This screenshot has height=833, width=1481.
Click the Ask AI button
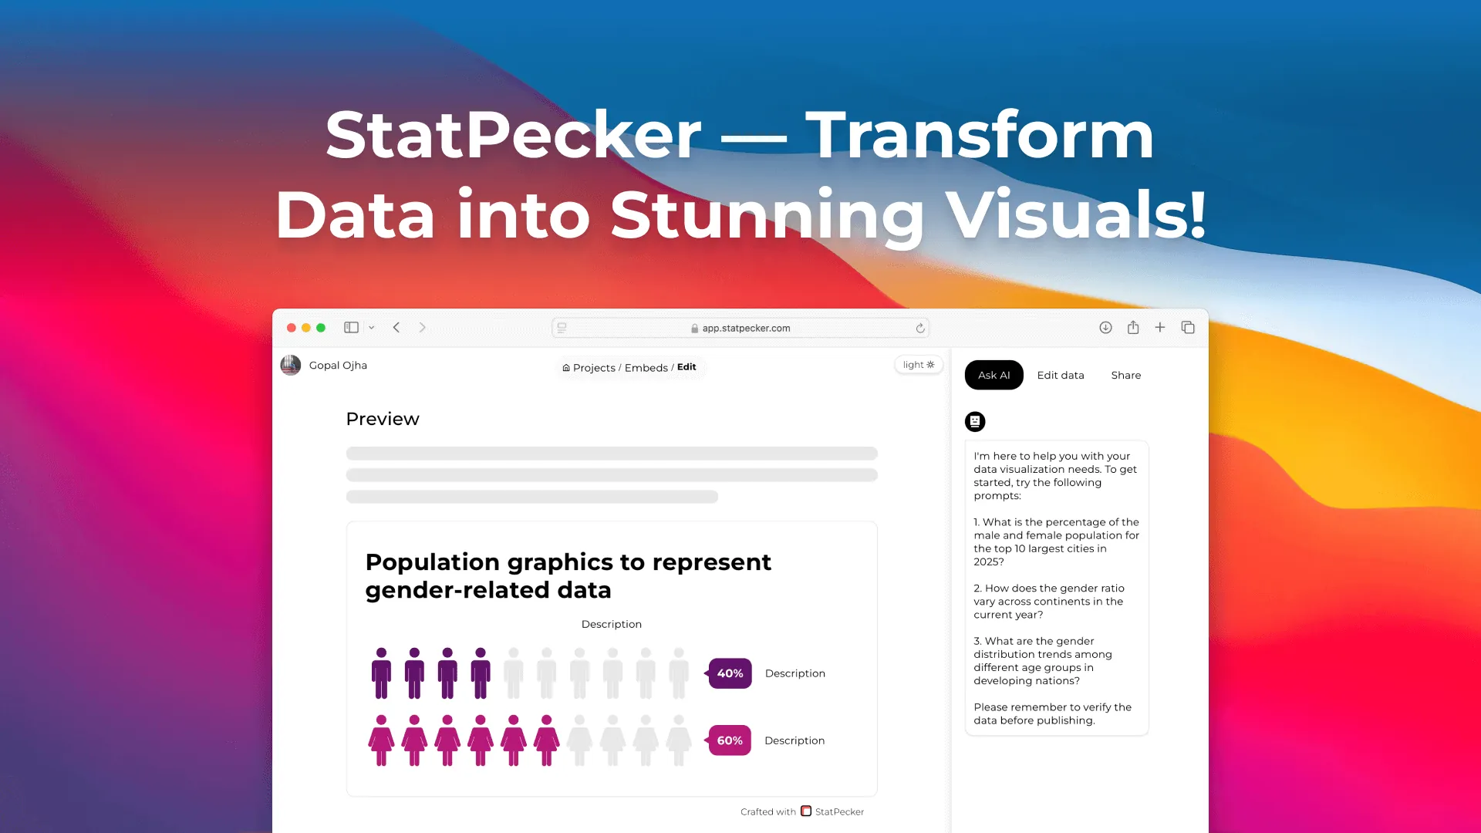(994, 375)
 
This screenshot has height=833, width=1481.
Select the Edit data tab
(1061, 375)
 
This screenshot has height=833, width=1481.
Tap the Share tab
(1125, 375)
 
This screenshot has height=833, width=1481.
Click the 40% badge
(730, 673)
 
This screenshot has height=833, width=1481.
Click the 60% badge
(730, 740)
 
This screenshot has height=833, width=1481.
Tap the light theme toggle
(919, 365)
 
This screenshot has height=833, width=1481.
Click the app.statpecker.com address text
(746, 328)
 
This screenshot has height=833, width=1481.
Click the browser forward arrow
(422, 327)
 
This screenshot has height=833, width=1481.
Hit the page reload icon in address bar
(920, 328)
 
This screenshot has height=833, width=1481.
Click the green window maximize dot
(321, 328)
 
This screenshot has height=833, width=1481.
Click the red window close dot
(292, 328)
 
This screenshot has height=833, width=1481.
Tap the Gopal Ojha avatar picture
(291, 365)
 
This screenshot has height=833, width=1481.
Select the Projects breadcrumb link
(593, 368)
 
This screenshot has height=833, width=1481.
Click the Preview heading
(383, 419)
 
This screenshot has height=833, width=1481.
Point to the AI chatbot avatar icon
(975, 421)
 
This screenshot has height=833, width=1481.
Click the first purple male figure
(381, 673)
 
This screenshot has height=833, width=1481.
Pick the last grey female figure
(679, 740)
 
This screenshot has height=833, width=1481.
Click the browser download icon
(1105, 327)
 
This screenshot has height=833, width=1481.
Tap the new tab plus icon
(1159, 327)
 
